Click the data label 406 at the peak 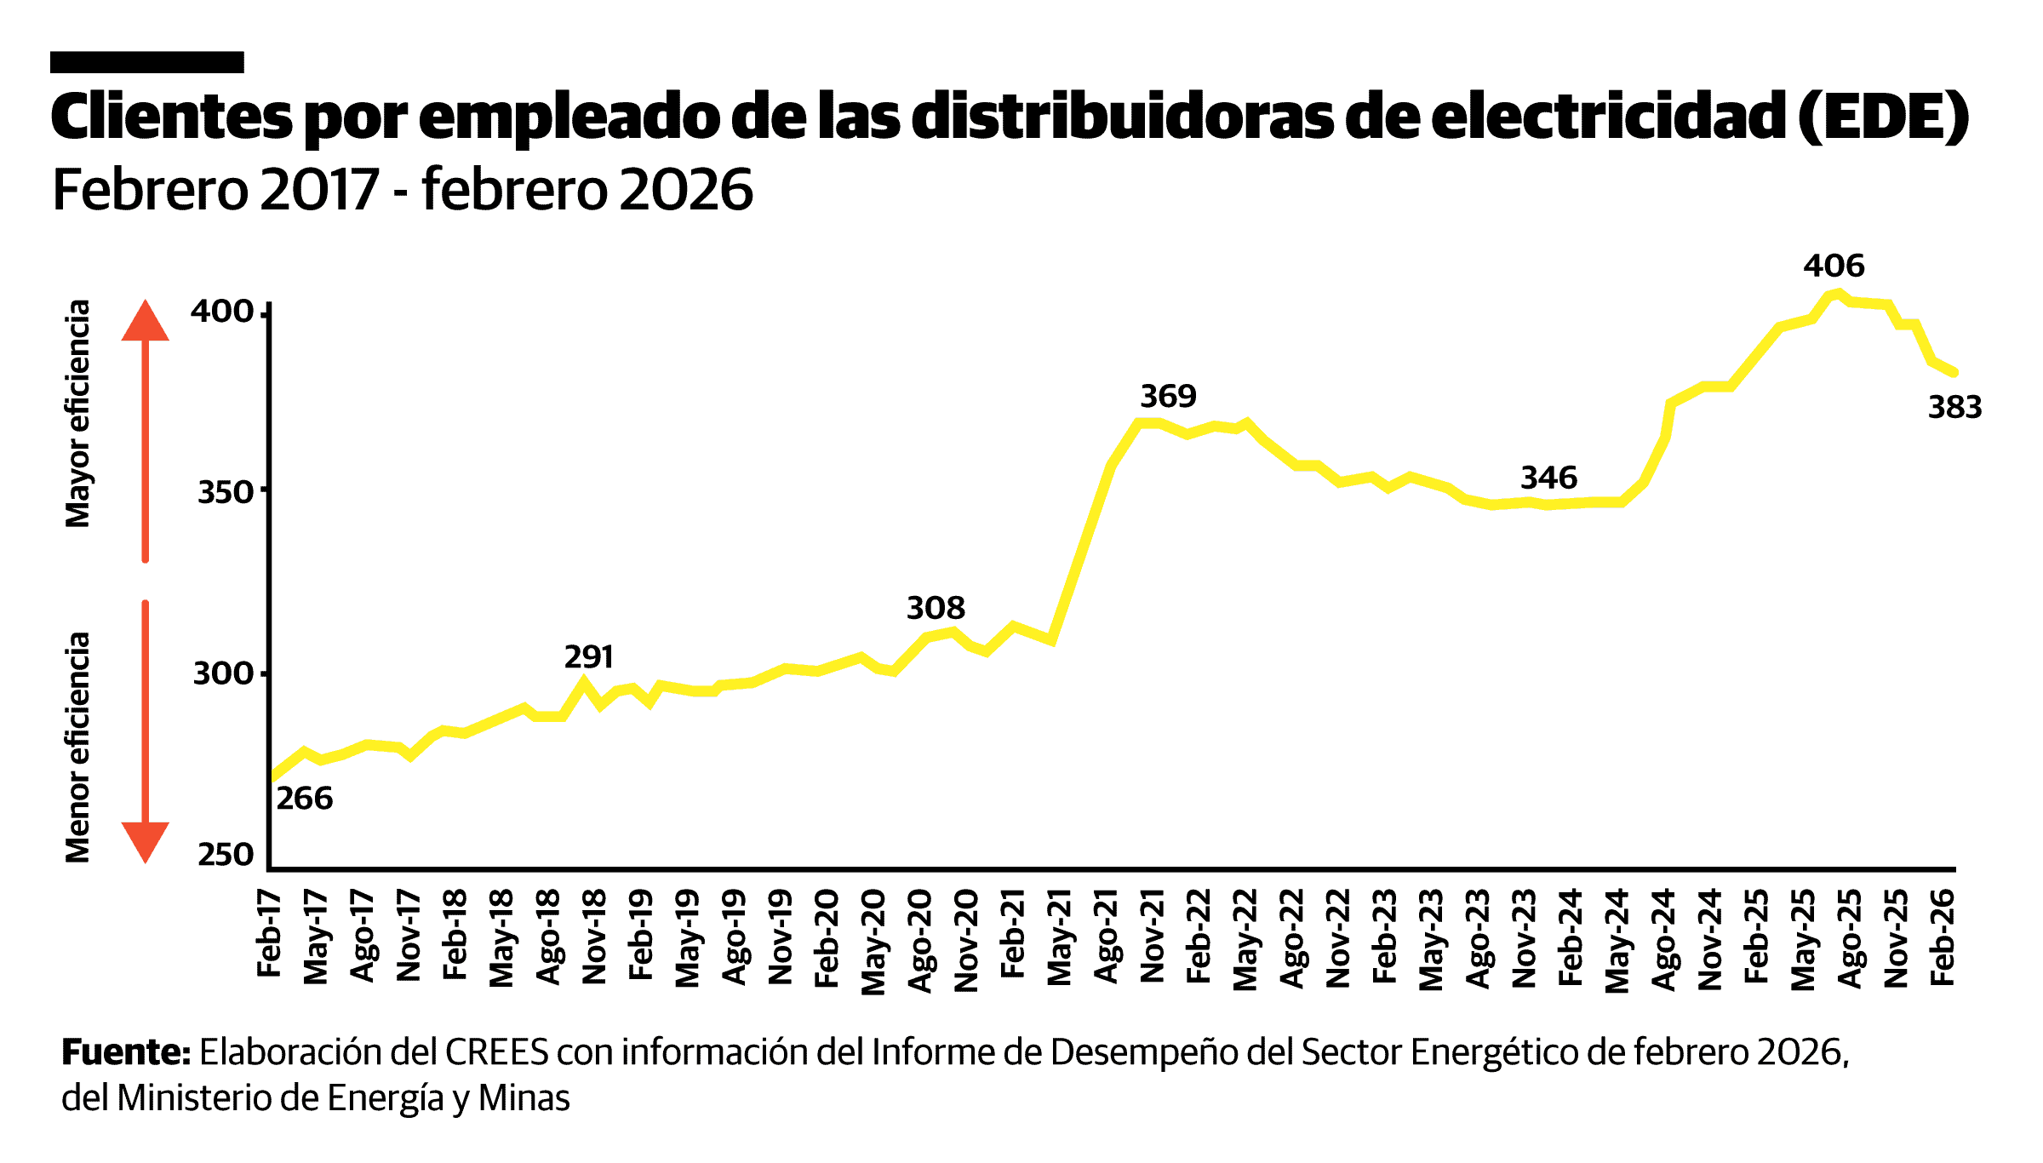1834,266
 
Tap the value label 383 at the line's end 1954,407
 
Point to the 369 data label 1168,396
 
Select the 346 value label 1548,478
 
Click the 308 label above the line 936,608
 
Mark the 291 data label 588,656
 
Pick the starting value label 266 304,798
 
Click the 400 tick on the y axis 221,312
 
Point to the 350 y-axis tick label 225,492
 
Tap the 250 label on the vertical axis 225,854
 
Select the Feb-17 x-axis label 269,933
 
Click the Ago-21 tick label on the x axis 1106,936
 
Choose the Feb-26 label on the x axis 1942,937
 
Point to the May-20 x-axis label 873,942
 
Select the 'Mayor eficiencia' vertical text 77,414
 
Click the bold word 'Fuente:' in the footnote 125,1052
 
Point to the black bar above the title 146,62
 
